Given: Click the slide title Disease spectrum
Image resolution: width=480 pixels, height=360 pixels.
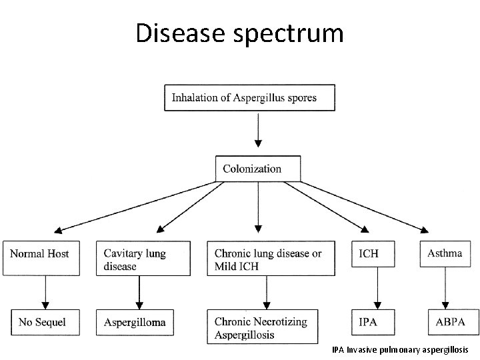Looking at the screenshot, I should coord(239,33).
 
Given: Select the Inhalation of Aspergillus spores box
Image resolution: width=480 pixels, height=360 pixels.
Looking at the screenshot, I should coord(250,97).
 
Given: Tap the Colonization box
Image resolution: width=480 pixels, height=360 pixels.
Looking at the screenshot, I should coord(258,169).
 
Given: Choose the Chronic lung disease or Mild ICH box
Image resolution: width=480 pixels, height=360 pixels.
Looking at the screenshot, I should coord(271,258).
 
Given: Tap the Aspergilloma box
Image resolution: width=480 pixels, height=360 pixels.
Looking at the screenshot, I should coord(139,322).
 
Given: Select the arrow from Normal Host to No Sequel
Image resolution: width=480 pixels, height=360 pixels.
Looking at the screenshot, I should coord(45,291).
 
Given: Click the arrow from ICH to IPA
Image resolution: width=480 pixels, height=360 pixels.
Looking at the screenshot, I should coord(378,291).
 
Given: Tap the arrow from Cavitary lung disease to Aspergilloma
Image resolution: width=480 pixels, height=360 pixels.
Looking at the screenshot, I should coord(139,291).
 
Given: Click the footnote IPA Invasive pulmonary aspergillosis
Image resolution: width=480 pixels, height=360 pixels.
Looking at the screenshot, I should coord(400,349).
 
